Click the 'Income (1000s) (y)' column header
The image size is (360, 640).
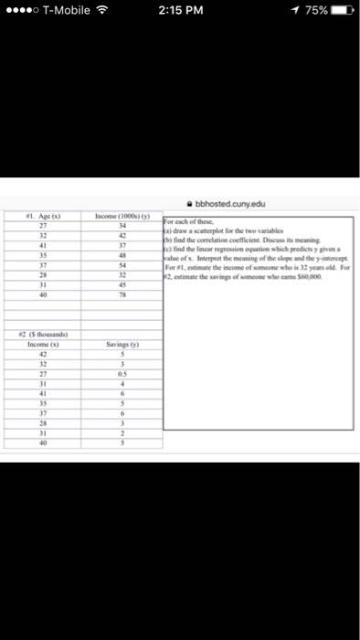point(130,218)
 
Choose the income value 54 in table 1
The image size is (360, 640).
point(130,264)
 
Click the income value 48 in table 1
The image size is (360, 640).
point(130,254)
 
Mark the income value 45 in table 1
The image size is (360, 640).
point(130,284)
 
